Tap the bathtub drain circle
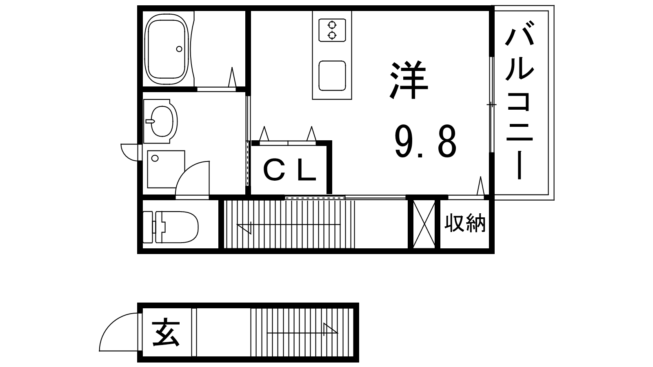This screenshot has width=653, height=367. [179, 49]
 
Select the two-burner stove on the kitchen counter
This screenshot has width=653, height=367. [332, 30]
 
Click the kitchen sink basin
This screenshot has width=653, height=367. [332, 76]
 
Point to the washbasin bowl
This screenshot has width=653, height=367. [163, 121]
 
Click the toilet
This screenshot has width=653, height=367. [171, 227]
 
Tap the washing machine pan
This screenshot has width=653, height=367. [166, 169]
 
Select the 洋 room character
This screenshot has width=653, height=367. [409, 80]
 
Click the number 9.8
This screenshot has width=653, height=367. [425, 141]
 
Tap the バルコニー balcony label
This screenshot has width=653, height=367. [520, 100]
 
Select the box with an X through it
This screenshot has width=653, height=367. [424, 224]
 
